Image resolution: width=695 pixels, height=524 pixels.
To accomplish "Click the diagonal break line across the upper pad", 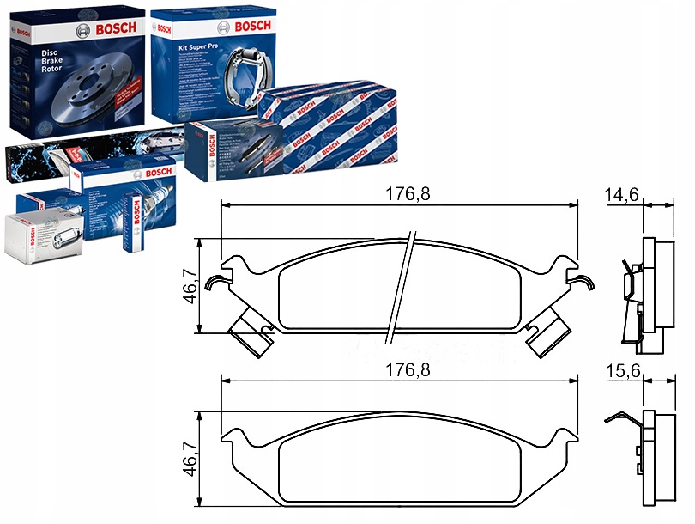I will tap(402, 288).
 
